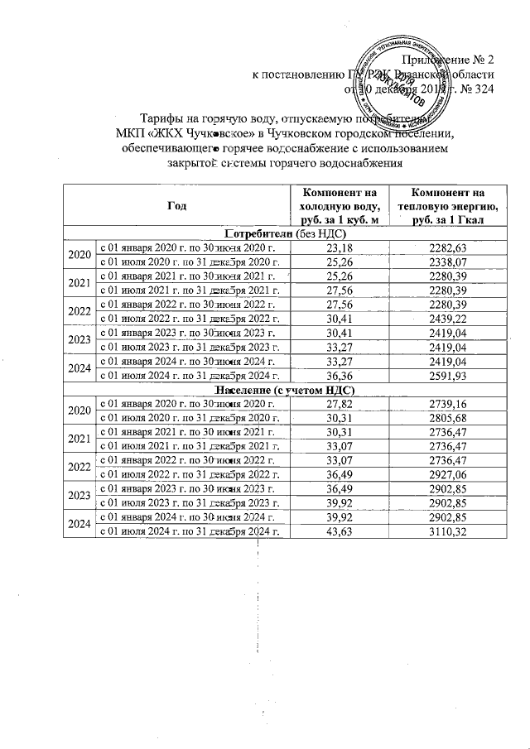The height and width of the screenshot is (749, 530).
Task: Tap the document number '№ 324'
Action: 473,89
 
